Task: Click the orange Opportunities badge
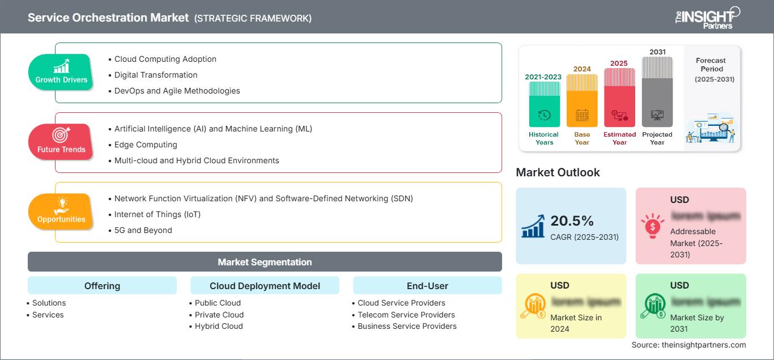[x=61, y=211]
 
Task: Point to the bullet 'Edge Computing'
[x=146, y=145]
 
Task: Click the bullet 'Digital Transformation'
[x=156, y=75]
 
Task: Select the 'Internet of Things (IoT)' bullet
[x=158, y=214]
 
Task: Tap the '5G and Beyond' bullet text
[x=143, y=230]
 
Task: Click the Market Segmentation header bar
[x=265, y=262]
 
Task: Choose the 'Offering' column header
[x=102, y=286]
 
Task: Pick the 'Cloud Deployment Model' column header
[x=265, y=286]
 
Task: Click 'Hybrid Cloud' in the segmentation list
[x=219, y=326]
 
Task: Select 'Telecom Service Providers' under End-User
[x=406, y=315]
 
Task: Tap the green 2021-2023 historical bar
[x=544, y=105]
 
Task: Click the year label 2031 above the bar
[x=657, y=52]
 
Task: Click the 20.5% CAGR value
[x=572, y=221]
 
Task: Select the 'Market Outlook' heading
[x=558, y=172]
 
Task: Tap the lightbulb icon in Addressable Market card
[x=652, y=226]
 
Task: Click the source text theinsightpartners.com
[x=688, y=345]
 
